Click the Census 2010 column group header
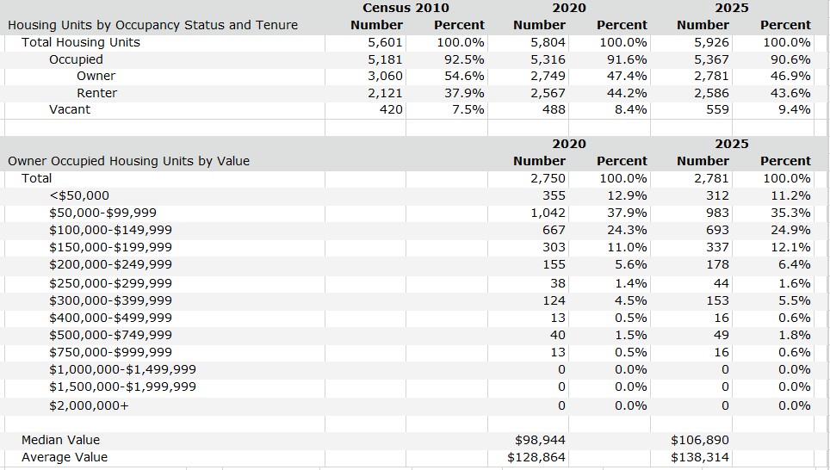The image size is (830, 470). coord(406,8)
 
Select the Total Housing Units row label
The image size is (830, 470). coord(81,42)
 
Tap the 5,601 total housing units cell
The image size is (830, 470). coord(386,42)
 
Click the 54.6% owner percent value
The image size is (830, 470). coord(464,77)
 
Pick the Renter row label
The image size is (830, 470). coord(97,93)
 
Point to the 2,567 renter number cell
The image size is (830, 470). coord(548,93)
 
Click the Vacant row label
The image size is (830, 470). coord(70,109)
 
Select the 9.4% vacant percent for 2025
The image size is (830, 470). coord(795,109)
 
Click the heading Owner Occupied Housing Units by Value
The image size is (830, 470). coord(128,161)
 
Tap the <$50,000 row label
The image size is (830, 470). coord(79,195)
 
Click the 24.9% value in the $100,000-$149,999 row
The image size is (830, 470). coord(790,230)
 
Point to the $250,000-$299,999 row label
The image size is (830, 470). coord(110,283)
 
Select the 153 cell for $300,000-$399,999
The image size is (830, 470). coord(718,300)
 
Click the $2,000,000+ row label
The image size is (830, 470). coord(89,405)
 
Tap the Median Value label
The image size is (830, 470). coord(61,440)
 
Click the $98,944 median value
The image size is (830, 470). coord(540,440)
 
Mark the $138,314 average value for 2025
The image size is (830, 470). coord(700,457)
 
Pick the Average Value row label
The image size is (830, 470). coord(65,457)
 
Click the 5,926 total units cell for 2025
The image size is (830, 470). coord(711,42)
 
